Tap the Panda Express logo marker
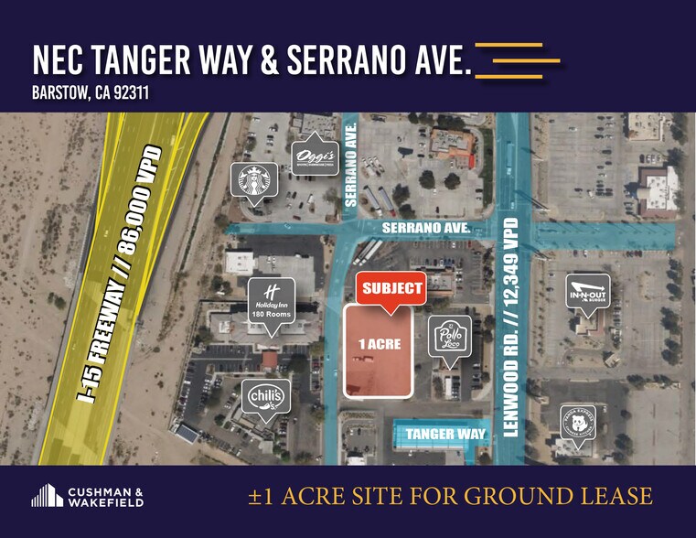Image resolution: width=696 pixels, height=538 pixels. [x=578, y=423]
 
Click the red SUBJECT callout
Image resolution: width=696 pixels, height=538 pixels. [x=392, y=288]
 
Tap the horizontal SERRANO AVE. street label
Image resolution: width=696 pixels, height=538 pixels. [x=426, y=228]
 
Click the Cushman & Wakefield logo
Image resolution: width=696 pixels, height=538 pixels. [x=88, y=497]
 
